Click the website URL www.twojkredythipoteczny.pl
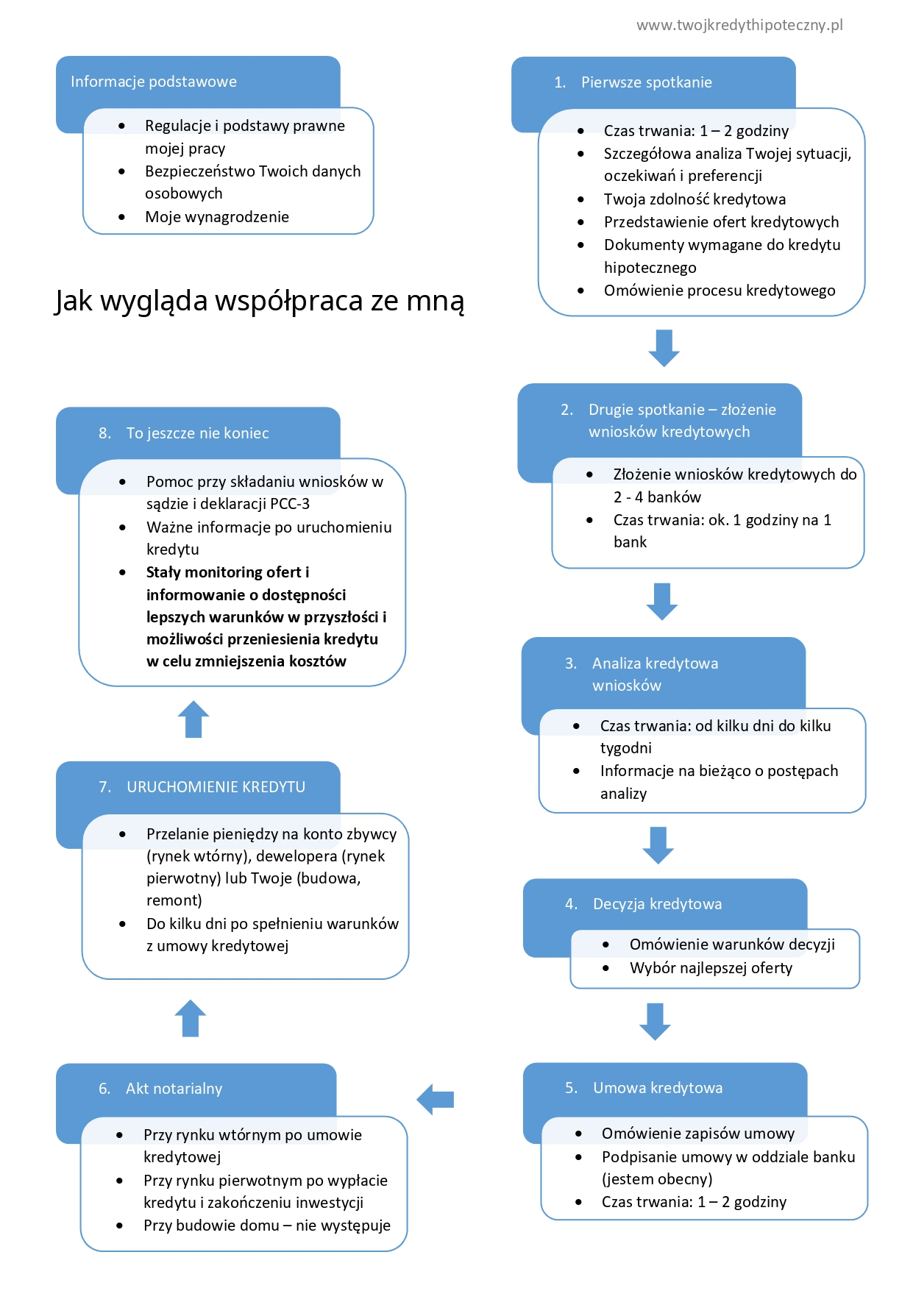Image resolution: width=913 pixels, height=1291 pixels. click(739, 25)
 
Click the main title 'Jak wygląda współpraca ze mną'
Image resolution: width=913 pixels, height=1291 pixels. click(259, 300)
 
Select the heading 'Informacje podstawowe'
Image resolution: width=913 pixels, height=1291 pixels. click(154, 82)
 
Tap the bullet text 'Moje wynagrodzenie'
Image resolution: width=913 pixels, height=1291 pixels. click(216, 217)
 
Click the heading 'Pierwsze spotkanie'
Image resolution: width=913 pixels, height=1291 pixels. click(646, 82)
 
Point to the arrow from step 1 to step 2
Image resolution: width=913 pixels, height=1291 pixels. click(664, 348)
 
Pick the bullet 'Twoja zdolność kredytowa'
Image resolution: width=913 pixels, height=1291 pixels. click(694, 199)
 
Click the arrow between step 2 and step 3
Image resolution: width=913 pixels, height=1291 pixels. click(661, 601)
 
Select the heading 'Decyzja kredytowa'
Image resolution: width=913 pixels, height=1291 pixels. click(657, 904)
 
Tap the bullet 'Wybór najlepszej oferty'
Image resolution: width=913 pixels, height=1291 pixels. click(711, 968)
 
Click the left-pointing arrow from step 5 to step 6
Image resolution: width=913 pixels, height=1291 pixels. click(436, 1100)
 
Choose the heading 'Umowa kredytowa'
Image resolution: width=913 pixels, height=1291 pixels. click(658, 1088)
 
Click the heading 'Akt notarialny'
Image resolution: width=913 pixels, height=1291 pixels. click(174, 1089)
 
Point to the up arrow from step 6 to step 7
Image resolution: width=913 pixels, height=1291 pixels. click(191, 1018)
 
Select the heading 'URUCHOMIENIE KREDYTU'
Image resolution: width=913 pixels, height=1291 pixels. click(216, 787)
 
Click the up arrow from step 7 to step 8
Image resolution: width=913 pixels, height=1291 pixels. click(193, 719)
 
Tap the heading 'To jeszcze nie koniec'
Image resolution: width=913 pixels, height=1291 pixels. click(197, 433)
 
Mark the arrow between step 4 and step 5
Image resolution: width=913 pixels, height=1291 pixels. click(655, 1021)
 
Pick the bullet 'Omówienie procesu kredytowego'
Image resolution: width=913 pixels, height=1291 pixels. click(719, 291)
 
